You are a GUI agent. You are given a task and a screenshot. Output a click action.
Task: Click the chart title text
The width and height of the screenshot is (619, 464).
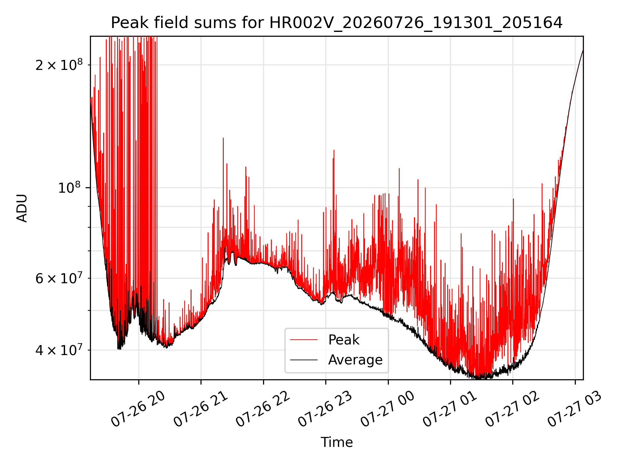pos(337,23)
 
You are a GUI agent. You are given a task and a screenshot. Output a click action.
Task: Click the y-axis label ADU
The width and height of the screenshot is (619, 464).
pos(22,208)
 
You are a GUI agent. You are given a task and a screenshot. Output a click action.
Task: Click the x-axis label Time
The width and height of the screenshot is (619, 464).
pos(337,442)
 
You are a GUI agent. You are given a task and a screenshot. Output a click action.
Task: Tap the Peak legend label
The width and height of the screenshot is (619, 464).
pos(344,340)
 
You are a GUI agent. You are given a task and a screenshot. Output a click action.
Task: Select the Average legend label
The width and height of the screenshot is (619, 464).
pos(355,360)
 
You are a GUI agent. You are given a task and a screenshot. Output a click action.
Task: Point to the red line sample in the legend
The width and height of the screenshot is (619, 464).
pos(304,340)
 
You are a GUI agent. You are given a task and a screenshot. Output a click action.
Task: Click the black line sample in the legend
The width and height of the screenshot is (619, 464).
pos(304,360)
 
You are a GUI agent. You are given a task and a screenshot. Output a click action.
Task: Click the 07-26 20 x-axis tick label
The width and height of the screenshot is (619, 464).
pos(138,409)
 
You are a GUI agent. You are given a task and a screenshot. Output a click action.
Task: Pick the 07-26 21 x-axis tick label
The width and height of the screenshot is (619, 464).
pos(201,409)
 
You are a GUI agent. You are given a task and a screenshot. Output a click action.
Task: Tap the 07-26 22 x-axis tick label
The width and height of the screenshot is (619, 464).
pos(263,409)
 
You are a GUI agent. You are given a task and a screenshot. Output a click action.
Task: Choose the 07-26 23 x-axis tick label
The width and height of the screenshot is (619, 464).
pos(325,409)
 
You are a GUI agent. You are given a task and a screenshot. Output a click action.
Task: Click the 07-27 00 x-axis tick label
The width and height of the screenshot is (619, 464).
pos(388,409)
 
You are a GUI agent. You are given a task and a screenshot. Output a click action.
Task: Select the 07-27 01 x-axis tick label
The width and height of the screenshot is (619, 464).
pos(450,409)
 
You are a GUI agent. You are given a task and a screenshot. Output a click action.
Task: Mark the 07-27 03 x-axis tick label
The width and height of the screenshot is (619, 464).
pos(575,409)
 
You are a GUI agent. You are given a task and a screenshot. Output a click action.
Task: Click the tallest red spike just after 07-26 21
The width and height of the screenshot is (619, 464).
pos(223,139)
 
